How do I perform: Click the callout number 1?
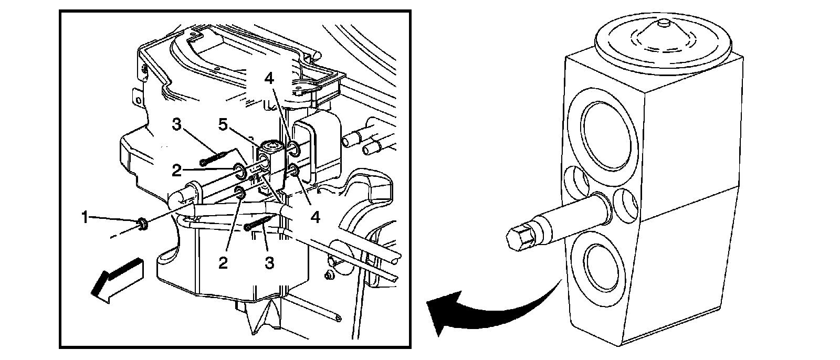pos(85,218)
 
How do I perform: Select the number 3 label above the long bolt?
pos(177,124)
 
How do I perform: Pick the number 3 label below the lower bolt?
pos(269,263)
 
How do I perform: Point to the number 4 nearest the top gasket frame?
pos(269,79)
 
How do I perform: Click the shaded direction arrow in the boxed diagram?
pos(117,281)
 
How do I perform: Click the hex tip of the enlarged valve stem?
pos(520,239)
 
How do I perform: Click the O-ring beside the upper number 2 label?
pos(239,170)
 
